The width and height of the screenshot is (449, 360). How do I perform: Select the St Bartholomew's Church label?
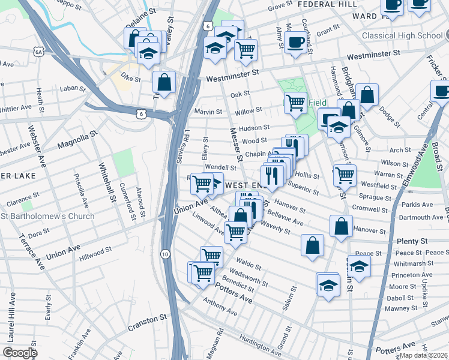click(x=48, y=216)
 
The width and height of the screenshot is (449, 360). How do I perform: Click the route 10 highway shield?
click(x=165, y=254)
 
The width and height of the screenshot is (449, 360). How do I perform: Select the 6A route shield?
click(x=40, y=52)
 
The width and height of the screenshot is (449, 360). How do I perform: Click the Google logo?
click(x=20, y=353)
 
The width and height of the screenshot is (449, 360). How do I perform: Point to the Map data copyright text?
click(x=424, y=355)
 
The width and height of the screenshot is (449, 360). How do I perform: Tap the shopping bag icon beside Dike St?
click(x=163, y=82)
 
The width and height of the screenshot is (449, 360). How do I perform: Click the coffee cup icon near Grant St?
click(x=295, y=42)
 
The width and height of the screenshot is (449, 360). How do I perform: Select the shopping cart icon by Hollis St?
click(x=345, y=175)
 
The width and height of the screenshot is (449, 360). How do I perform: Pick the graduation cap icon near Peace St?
click(x=359, y=266)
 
